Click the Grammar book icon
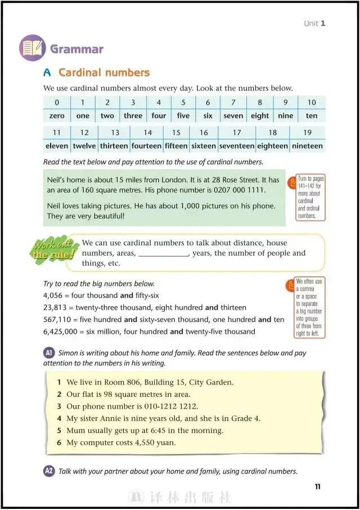[x=33, y=48]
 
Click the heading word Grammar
[x=77, y=49]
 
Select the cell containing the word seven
[x=233, y=116]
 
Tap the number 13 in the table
[x=115, y=133]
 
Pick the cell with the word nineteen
[x=307, y=146]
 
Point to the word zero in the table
[x=56, y=116]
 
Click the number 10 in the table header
[x=311, y=102]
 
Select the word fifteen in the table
[x=176, y=146]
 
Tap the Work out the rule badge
[x=55, y=250]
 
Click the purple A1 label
[x=49, y=353]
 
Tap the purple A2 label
[x=49, y=471]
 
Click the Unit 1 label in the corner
[x=314, y=23]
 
